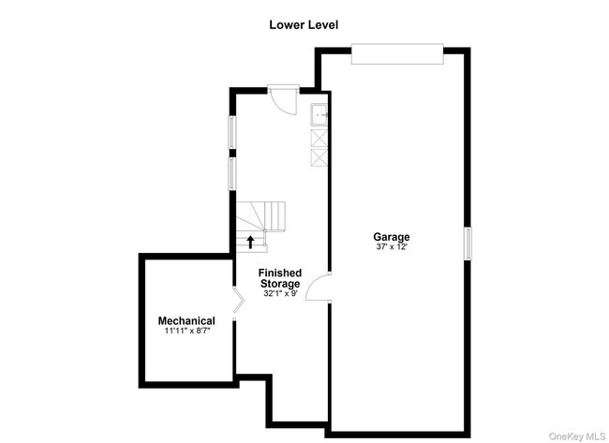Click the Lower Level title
(x=304, y=25)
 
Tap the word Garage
(x=392, y=237)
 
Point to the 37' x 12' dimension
(x=392, y=247)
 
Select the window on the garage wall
(x=468, y=243)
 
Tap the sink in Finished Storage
(x=319, y=115)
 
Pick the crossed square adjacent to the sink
(x=319, y=137)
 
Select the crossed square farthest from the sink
(x=319, y=156)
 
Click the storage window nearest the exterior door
(x=233, y=132)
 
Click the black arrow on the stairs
(x=250, y=242)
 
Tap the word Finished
(x=280, y=273)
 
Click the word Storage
(x=280, y=284)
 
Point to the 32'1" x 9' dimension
(x=280, y=293)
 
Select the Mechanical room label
(x=186, y=321)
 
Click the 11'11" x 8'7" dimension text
(x=186, y=331)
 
